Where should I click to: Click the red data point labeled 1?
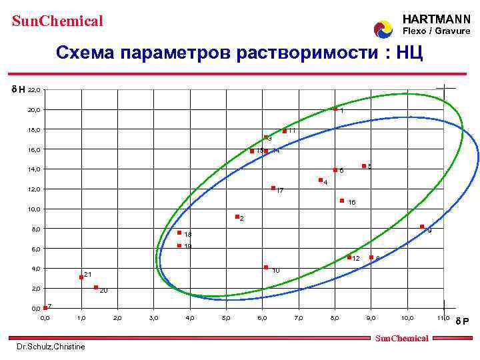[x=335, y=109]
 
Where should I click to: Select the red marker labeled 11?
[x=285, y=131]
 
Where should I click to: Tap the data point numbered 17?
[x=273, y=188]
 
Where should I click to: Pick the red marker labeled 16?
[x=342, y=200]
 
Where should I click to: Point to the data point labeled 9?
[x=422, y=227]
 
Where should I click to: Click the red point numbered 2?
[x=237, y=217]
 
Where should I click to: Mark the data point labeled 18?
[x=179, y=233]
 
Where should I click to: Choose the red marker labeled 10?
[x=266, y=267]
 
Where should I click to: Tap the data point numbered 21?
[x=81, y=277]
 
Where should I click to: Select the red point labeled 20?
[x=96, y=287]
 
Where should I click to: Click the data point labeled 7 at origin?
[x=45, y=307]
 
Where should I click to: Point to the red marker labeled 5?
[x=363, y=166]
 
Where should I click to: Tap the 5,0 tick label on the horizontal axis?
[x=226, y=319]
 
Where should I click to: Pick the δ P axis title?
[x=462, y=321]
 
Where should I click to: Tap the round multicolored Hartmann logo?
[x=383, y=29]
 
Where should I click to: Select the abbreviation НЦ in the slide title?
[x=409, y=53]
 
